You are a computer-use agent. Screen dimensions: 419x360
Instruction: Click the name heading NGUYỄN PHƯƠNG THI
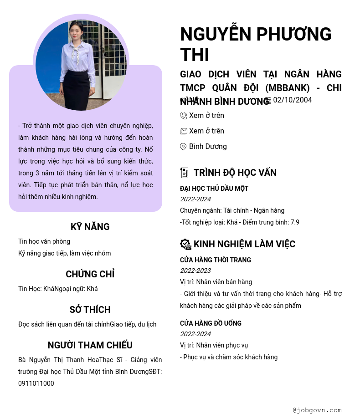tap(256, 44)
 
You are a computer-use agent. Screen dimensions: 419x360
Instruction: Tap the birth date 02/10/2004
tap(293, 100)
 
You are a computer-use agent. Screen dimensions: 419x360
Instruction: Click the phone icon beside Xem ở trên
tap(184, 116)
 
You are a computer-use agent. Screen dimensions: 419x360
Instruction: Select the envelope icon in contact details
tap(184, 131)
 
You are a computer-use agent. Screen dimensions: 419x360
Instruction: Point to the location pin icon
tap(183, 147)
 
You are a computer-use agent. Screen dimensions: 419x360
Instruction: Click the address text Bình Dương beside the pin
tap(208, 147)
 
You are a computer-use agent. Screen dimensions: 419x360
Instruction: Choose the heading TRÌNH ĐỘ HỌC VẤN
tap(235, 173)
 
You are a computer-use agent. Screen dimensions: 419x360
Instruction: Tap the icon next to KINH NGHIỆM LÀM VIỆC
tap(185, 244)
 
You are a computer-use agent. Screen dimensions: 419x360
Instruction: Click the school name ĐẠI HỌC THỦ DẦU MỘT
tap(214, 189)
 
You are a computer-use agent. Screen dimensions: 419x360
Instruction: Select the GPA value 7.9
tap(295, 222)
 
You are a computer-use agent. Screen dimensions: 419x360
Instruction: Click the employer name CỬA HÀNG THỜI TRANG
tap(216, 260)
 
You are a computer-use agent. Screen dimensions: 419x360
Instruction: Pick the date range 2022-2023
tap(195, 271)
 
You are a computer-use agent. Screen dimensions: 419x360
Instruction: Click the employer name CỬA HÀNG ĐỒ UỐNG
tap(211, 323)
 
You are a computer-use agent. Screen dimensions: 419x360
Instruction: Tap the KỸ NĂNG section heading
tap(90, 227)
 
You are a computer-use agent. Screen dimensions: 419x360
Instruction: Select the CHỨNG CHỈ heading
tap(90, 274)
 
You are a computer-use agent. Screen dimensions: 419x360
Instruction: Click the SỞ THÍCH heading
tap(90, 310)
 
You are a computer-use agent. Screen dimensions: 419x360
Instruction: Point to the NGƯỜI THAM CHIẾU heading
tap(90, 345)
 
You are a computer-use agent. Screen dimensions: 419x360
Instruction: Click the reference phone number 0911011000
tap(36, 383)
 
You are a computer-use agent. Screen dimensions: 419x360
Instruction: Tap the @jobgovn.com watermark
tap(317, 410)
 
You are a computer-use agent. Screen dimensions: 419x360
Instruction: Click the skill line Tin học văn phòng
tap(44, 241)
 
